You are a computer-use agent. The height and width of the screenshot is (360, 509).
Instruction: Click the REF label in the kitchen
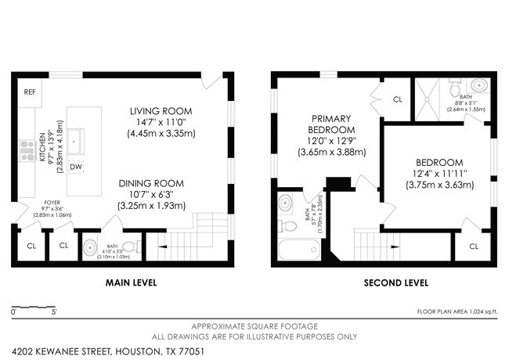(x=30, y=92)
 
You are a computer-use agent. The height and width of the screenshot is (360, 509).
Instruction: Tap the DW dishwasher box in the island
(x=76, y=167)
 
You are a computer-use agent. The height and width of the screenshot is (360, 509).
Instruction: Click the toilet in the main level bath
(x=129, y=246)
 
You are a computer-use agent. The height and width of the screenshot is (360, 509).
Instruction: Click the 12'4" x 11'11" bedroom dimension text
(x=439, y=173)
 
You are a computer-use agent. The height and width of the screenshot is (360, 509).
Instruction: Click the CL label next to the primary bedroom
(x=397, y=99)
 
